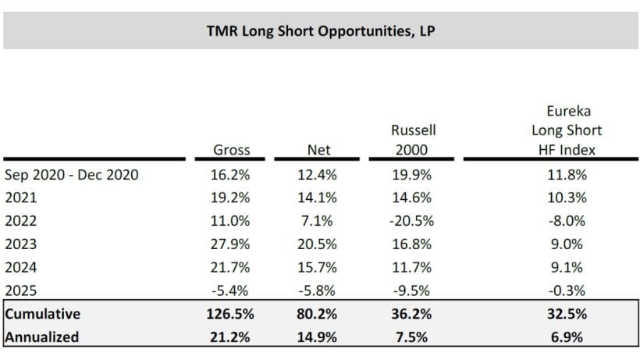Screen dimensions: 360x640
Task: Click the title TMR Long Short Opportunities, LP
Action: pos(320,32)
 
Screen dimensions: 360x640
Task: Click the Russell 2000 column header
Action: pos(414,138)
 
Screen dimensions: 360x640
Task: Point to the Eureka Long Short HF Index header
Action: pos(567,129)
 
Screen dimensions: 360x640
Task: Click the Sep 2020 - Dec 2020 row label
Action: pos(72,175)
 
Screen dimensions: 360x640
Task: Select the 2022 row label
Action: pos(20,221)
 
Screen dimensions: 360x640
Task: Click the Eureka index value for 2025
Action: pos(567,290)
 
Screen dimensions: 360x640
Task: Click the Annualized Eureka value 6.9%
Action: pos(567,338)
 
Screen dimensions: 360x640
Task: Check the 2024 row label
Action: pos(20,267)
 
